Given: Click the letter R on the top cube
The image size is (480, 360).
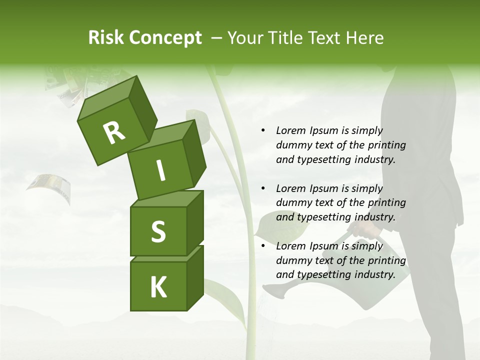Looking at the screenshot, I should coord(114,132).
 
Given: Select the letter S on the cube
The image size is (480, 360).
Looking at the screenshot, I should coord(158,231).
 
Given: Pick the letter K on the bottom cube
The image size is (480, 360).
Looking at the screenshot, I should coord(158,287).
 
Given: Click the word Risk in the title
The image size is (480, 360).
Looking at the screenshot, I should coord(105,38).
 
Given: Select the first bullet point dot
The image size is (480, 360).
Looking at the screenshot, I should coord(263,131).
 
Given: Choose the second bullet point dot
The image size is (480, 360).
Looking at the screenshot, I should coord(263,189).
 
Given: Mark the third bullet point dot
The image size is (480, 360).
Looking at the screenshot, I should coord(263,246).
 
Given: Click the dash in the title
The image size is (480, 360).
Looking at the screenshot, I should coord(216,38).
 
